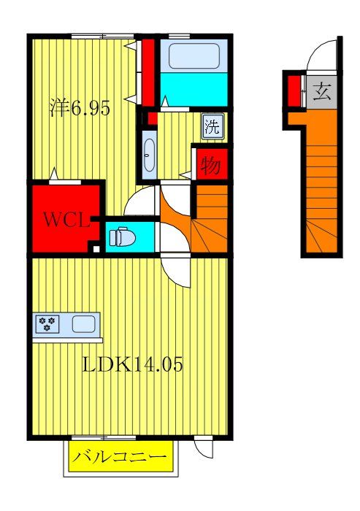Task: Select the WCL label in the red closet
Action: coord(64,218)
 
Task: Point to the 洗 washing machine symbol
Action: coord(211,126)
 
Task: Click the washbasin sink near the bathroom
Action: coord(149,155)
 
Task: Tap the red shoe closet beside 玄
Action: coord(294,90)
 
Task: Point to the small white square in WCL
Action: coord(95,248)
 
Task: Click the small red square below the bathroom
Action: coord(152,118)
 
